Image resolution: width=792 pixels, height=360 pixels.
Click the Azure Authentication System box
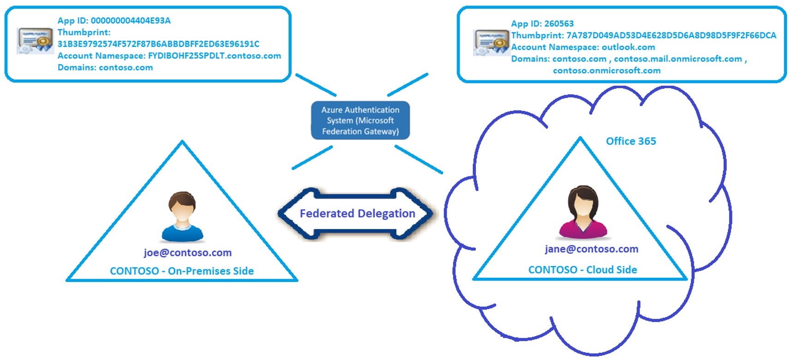coord(360,120)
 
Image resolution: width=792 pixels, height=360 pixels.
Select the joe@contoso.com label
coord(187,252)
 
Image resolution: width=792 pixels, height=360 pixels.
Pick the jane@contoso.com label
coord(591,249)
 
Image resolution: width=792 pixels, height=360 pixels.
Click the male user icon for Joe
coord(182,216)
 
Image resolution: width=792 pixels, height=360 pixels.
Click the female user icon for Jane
coord(583,212)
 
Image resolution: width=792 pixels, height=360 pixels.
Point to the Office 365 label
coord(630,141)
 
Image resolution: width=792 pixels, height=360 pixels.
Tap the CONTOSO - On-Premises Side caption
coord(181,271)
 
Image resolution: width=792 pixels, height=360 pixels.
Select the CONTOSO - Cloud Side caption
coord(582,270)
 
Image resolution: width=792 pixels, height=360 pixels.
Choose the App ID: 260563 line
coord(542,24)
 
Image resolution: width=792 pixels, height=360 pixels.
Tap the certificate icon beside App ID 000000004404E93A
coord(35,41)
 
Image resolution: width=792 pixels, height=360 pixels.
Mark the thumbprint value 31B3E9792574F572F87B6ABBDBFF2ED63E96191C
coord(158,44)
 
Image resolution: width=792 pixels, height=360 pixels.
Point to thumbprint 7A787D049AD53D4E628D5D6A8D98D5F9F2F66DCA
coord(671,36)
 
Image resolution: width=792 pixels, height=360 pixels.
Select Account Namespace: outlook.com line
coord(582,47)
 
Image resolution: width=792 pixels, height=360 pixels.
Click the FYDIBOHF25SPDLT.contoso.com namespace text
coord(214,56)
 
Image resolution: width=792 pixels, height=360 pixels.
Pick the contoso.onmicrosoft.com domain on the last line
coord(606,71)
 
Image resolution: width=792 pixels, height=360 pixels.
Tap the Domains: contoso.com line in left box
coord(105,67)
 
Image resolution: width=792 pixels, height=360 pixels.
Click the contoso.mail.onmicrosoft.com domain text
coord(678,59)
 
